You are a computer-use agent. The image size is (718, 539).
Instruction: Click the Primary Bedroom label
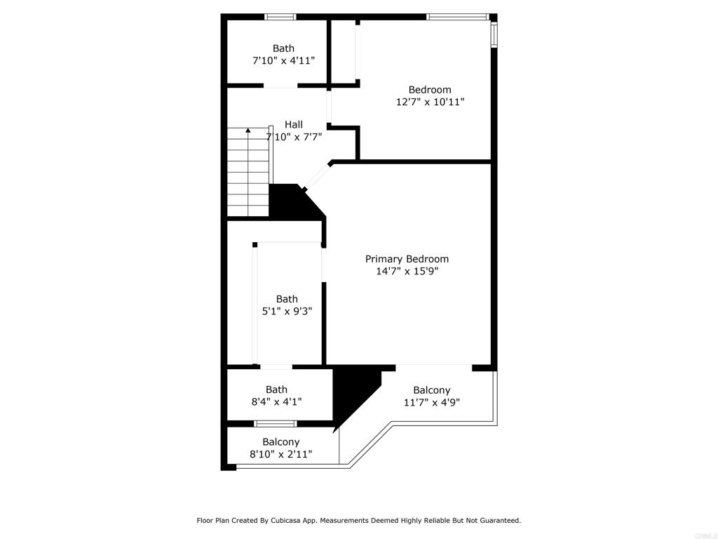pos(407,259)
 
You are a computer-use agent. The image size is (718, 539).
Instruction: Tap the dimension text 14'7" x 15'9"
pos(407,271)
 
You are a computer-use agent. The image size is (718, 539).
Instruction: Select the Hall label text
pos(294,125)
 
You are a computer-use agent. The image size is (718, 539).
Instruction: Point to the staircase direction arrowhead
pos(248,131)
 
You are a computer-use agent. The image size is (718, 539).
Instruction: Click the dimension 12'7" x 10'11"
pos(430,102)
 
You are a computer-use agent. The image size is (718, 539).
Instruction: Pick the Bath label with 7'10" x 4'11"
pos(283,48)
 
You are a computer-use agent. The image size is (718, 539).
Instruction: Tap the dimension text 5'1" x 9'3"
pos(286,311)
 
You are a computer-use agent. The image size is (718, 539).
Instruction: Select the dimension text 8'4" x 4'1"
pos(276,401)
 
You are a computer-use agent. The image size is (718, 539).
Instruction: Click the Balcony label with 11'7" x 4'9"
pos(431,390)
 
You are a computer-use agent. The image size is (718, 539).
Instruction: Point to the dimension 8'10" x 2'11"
pos(280,454)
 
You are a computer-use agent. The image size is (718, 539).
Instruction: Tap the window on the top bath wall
pos(280,17)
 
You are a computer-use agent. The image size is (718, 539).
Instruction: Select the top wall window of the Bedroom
pos(457,17)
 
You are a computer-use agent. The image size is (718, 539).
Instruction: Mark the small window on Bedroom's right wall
pos(494,34)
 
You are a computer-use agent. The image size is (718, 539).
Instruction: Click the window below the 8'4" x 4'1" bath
pos(275,423)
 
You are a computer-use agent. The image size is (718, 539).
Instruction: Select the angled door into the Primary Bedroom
pos(317,176)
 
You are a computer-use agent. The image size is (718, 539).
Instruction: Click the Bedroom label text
pos(430,90)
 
